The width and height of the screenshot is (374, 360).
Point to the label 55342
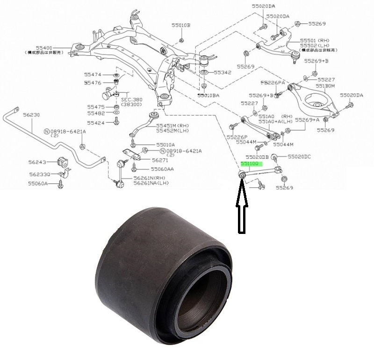click(223, 73)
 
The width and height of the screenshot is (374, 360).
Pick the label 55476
click(93, 83)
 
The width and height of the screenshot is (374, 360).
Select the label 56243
click(36, 162)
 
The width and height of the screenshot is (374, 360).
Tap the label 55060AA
click(162, 169)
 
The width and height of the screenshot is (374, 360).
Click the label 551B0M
click(326, 86)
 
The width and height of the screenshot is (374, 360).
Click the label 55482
click(96, 114)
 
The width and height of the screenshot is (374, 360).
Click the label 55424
click(96, 123)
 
